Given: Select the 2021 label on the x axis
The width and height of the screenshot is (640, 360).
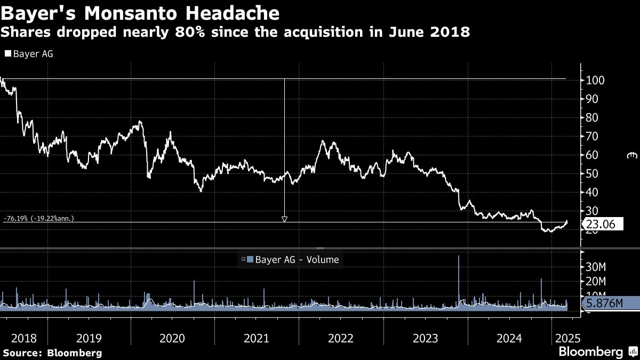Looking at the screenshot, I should tap(256, 338).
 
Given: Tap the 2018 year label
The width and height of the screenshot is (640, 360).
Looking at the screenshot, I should tap(23, 338).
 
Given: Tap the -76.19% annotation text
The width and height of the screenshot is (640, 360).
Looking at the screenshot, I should tap(38, 218).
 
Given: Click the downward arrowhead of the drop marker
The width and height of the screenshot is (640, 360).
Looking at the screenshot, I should tap(284, 219).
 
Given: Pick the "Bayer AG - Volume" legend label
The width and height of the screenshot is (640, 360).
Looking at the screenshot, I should tap(297, 260).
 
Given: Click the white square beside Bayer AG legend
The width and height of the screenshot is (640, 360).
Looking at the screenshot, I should tap(7, 53).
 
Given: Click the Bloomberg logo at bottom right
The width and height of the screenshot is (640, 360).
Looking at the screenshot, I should tap(591, 352).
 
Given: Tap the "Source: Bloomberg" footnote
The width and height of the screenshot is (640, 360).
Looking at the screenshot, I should tap(52, 353).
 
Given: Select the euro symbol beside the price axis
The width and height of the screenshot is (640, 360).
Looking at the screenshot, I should tap(632, 155).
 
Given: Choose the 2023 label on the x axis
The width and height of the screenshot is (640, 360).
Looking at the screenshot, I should tap(425, 338).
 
